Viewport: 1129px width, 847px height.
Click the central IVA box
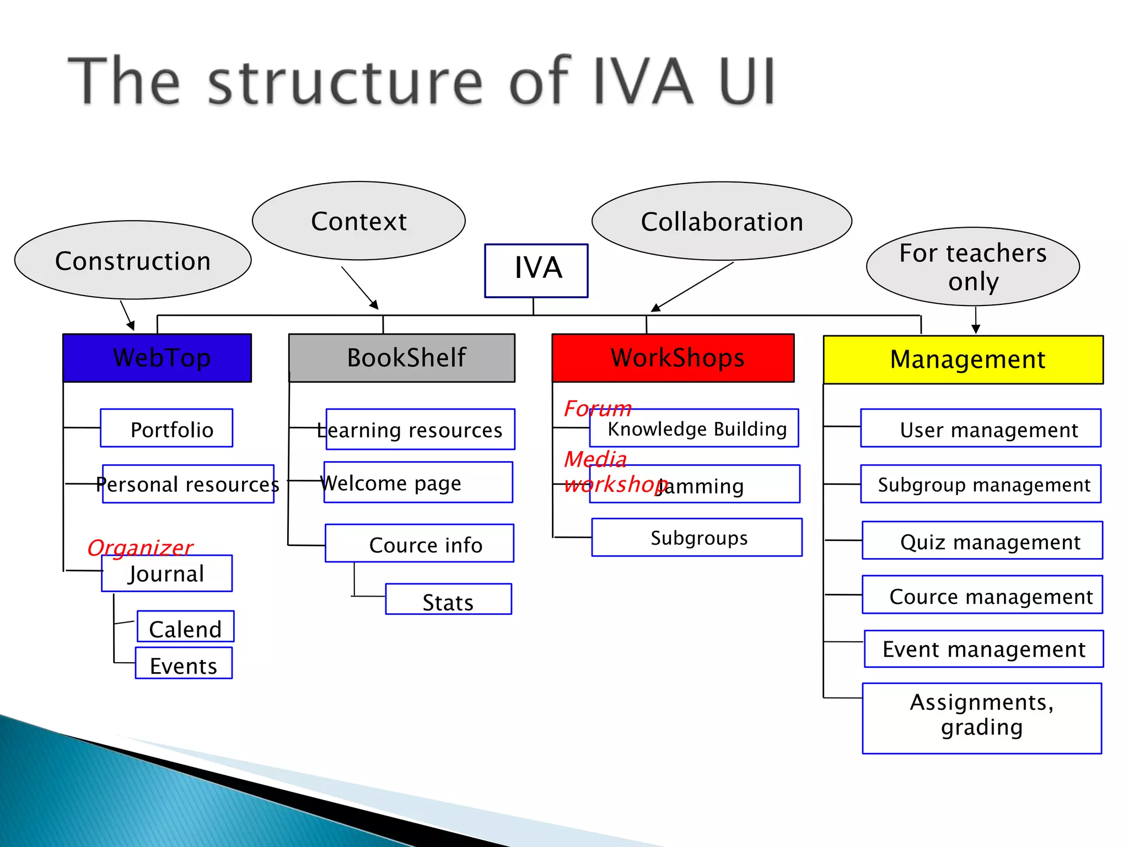[x=536, y=271]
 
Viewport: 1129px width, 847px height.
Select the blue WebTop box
[x=157, y=358]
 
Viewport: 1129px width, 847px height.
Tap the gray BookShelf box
[x=402, y=358]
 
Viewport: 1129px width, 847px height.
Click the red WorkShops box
[x=673, y=358]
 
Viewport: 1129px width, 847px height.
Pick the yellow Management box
[x=963, y=360]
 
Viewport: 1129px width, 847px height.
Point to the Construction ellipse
[x=133, y=260]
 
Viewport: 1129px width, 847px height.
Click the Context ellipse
[x=359, y=221]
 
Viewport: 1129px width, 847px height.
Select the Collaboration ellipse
[x=722, y=221]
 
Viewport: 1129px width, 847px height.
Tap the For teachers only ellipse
[x=973, y=267]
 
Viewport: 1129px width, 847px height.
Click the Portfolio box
[x=166, y=428]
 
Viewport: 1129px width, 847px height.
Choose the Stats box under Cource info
[x=448, y=599]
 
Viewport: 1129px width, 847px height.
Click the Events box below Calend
[x=184, y=663]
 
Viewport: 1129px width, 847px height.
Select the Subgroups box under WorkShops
[x=697, y=538]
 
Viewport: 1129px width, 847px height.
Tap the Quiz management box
[x=982, y=541]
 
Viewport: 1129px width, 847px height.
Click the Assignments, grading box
[x=982, y=719]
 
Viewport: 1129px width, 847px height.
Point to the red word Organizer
[x=140, y=547]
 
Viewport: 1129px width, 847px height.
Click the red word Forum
[x=597, y=409]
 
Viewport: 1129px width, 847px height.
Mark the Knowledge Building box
[x=695, y=428]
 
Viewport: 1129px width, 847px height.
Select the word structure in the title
[x=345, y=81]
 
